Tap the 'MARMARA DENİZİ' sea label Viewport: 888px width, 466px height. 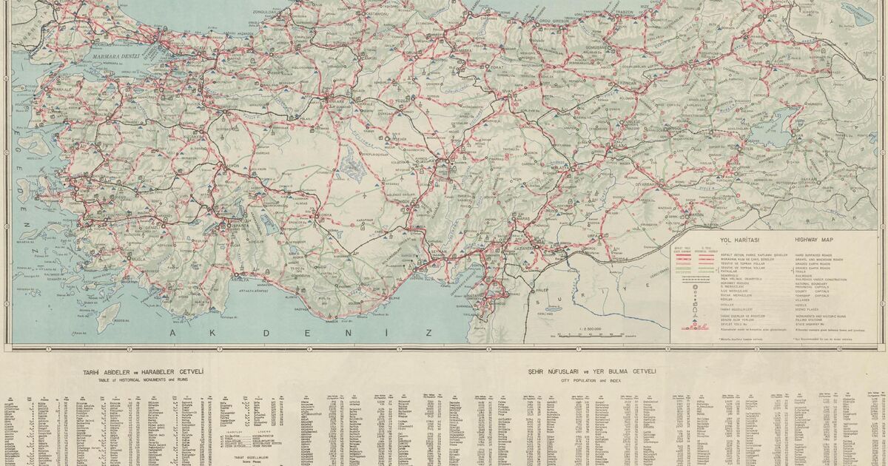[x=115, y=56]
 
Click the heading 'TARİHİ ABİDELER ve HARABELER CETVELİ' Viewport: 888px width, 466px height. [x=144, y=371]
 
